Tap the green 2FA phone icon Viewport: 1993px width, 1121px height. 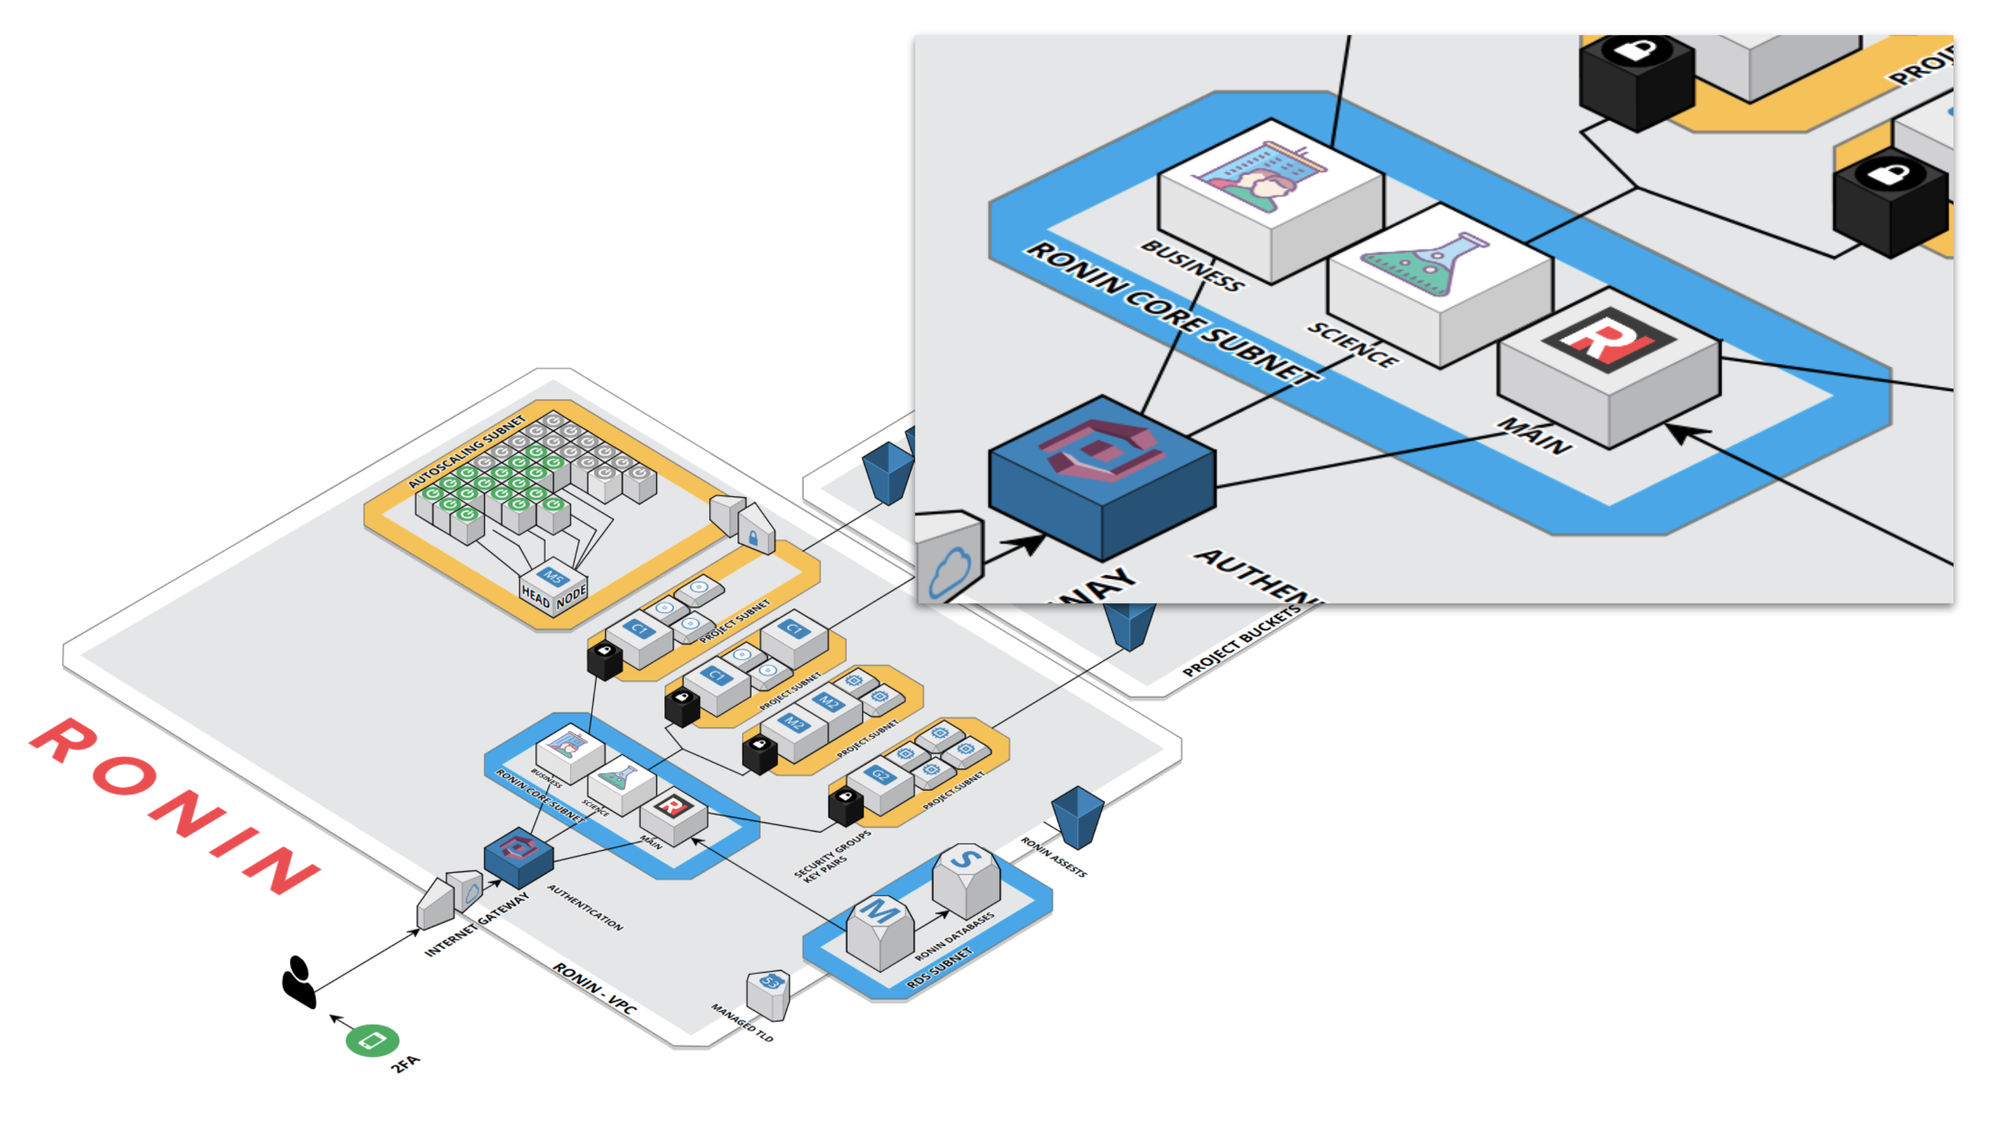pyautogui.click(x=372, y=1041)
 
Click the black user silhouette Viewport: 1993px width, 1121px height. pyautogui.click(x=299, y=983)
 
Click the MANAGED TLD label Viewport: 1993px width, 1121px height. pyautogui.click(x=742, y=1022)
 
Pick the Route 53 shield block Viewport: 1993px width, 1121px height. pyautogui.click(x=768, y=994)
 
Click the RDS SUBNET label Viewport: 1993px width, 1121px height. pyautogui.click(x=939, y=969)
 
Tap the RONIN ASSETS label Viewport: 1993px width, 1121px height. pyautogui.click(x=1053, y=857)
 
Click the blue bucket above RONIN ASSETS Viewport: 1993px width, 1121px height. pyautogui.click(x=1077, y=816)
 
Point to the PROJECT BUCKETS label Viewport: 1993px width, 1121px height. pyautogui.click(x=1241, y=641)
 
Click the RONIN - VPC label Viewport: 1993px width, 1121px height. pyautogui.click(x=594, y=988)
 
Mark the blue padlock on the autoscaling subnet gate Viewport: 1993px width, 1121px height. pyautogui.click(x=753, y=538)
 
